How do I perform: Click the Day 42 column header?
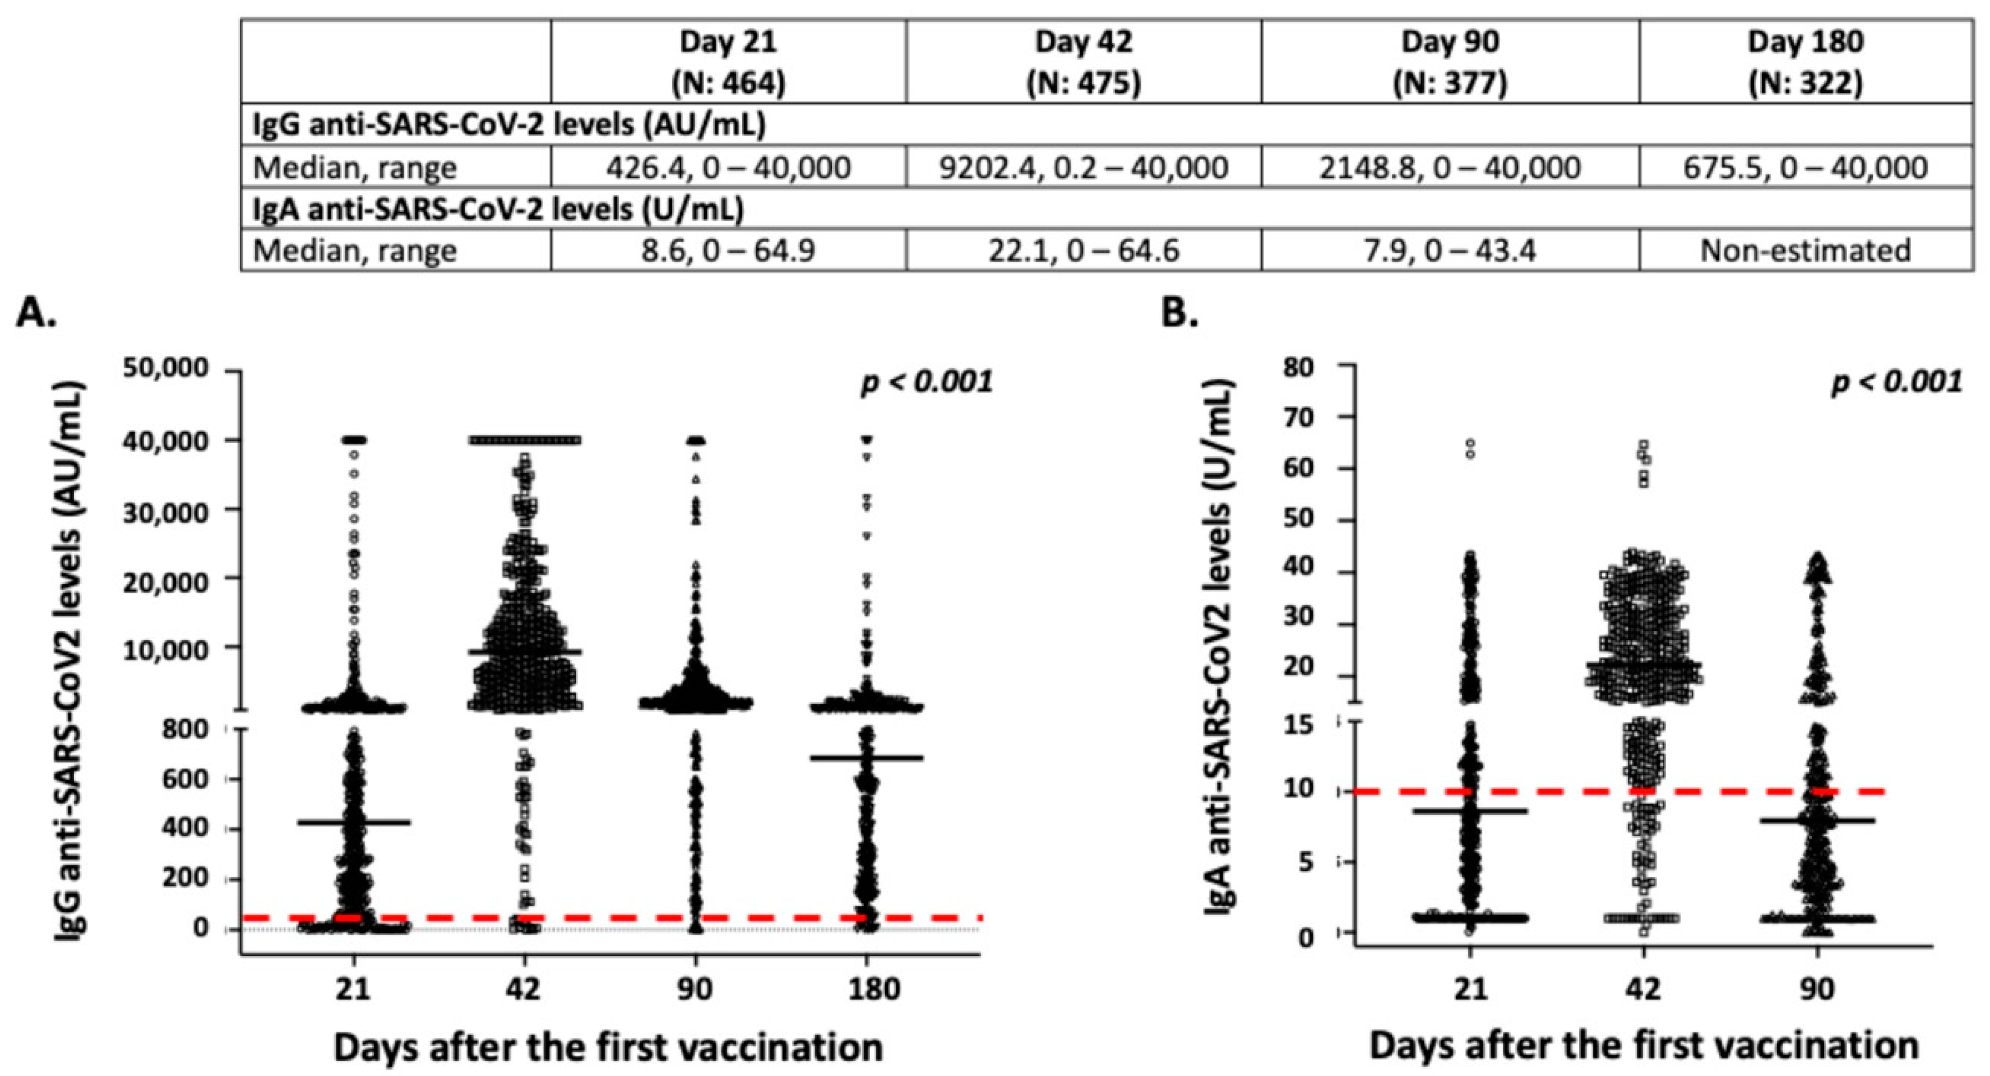(x=1083, y=62)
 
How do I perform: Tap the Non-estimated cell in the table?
(x=1806, y=251)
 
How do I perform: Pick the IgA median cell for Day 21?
(x=728, y=251)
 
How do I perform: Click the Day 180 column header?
(x=1806, y=62)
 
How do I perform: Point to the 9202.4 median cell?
(x=1083, y=168)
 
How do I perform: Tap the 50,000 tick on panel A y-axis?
(x=166, y=368)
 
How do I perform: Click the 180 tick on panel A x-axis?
(x=868, y=990)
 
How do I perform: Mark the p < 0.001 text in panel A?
(x=926, y=382)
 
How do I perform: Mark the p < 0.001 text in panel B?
(x=1896, y=382)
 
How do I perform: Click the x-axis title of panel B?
(x=1643, y=1046)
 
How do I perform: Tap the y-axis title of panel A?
(x=70, y=660)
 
